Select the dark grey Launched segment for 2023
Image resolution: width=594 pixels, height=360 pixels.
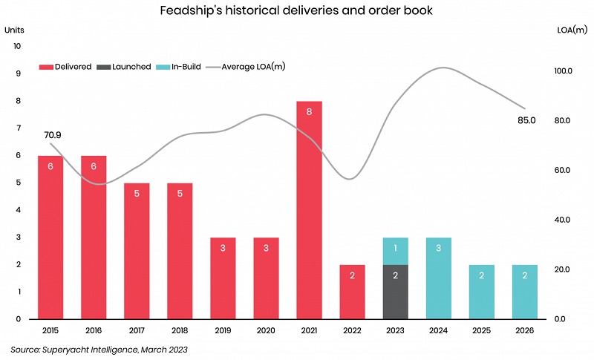click(395, 291)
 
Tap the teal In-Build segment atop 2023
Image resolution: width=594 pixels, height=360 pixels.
click(395, 251)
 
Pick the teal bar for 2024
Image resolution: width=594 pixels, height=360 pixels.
click(438, 278)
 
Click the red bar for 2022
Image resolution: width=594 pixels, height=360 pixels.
click(352, 291)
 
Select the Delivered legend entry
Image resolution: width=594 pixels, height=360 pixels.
click(67, 67)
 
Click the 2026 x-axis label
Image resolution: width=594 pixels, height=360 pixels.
click(524, 331)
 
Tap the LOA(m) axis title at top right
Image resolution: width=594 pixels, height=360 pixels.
click(571, 30)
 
